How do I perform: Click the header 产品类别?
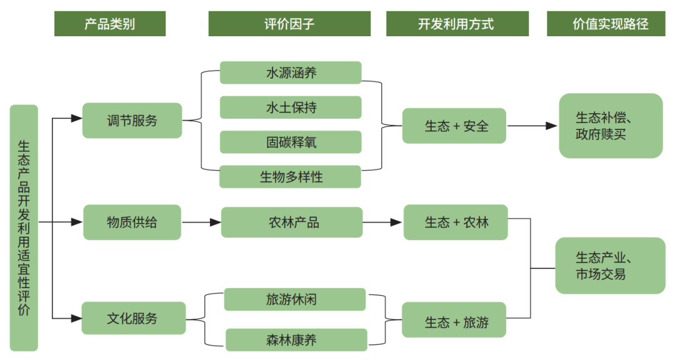point(109,24)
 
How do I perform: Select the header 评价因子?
point(289,24)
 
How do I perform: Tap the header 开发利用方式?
point(457,24)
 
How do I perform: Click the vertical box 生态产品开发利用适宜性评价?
point(24,227)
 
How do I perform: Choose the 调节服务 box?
point(132,121)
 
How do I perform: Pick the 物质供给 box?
point(132,222)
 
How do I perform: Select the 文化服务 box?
point(133,318)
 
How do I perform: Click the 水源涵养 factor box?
point(291,72)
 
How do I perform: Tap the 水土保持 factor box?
point(291,107)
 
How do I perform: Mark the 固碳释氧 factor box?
point(291,142)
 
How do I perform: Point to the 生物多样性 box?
point(291,177)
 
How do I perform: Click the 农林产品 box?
point(292,222)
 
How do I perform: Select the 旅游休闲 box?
point(294,299)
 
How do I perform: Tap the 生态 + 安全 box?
point(454,126)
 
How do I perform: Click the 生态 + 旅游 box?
point(454,322)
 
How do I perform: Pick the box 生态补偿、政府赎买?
point(610,126)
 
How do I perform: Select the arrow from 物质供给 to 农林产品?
point(201,222)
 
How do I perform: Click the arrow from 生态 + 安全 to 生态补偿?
point(532,126)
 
